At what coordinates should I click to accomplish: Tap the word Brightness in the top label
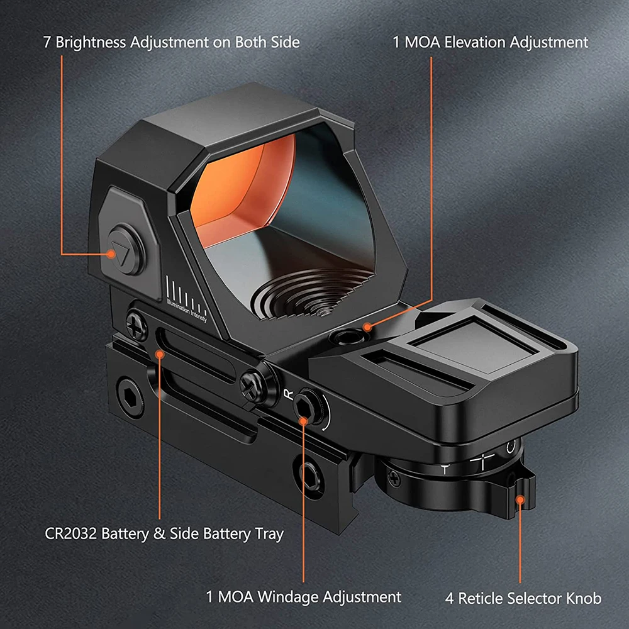click(x=91, y=42)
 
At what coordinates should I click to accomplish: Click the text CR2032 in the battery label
click(x=70, y=533)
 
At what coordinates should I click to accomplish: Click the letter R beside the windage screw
click(x=289, y=394)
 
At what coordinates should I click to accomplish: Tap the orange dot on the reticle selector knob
click(x=520, y=500)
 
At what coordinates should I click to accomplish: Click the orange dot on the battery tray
click(x=160, y=354)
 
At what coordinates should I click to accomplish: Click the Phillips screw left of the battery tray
click(x=136, y=325)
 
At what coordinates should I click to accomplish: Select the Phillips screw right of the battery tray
click(x=252, y=386)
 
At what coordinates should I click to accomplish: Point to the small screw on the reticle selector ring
click(x=395, y=478)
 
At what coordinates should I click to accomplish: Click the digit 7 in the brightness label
click(x=47, y=43)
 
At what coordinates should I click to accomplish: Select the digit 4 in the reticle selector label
click(x=449, y=599)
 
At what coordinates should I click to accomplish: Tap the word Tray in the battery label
click(x=269, y=534)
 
